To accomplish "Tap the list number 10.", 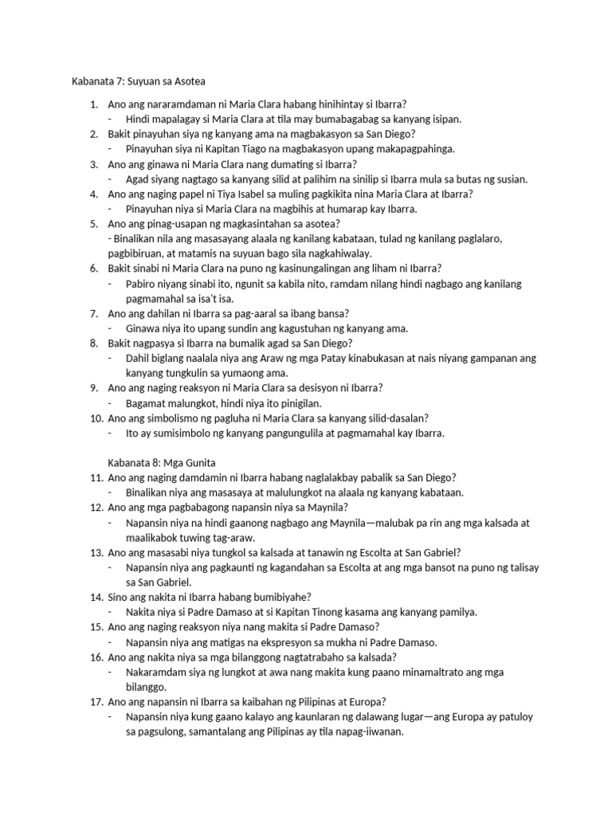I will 94,418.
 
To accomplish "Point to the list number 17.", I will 94,701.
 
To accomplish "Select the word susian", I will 510,179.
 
